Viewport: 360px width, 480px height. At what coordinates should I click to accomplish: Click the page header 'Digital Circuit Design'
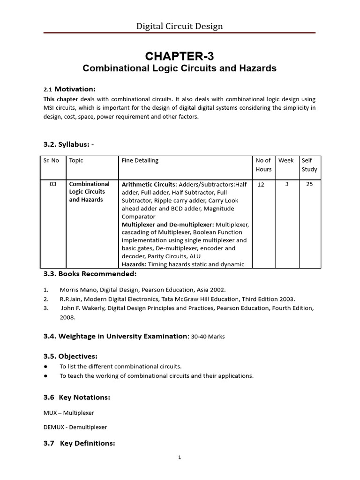(x=180, y=26)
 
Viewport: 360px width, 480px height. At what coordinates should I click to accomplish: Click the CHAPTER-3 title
(x=180, y=56)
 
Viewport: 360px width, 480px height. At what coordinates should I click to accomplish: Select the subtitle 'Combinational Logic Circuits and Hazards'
(x=180, y=68)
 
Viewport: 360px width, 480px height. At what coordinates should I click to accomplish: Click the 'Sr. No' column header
(x=51, y=160)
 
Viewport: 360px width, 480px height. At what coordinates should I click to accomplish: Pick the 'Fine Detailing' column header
(x=140, y=160)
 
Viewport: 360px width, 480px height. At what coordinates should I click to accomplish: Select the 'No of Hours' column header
(x=263, y=165)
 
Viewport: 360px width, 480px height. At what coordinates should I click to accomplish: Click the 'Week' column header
(x=286, y=160)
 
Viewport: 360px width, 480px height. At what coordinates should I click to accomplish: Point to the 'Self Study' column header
(x=309, y=165)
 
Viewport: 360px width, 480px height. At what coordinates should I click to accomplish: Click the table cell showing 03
(x=53, y=184)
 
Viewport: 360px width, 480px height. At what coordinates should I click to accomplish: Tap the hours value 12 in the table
(x=261, y=185)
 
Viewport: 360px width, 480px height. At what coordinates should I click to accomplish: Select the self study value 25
(x=309, y=184)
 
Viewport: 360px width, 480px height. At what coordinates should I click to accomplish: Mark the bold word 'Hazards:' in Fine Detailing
(x=134, y=264)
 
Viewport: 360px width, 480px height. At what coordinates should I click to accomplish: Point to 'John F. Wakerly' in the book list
(x=82, y=308)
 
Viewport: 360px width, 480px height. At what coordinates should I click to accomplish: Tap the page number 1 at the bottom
(x=180, y=458)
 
